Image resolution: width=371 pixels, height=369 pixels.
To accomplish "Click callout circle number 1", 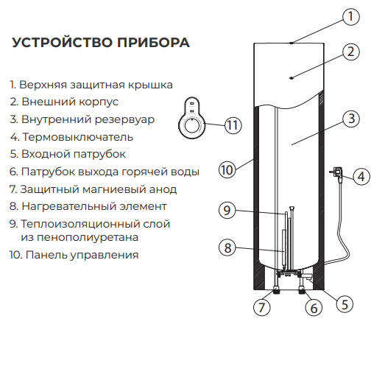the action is (x=351, y=16).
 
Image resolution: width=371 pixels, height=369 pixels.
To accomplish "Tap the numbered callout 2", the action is (x=351, y=52).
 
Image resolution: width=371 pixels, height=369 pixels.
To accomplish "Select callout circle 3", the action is (x=351, y=119).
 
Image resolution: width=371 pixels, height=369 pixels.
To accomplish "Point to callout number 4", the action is (x=361, y=177).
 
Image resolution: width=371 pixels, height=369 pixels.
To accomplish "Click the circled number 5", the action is (x=344, y=304).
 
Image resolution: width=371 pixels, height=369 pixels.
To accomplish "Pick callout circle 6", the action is (x=314, y=308).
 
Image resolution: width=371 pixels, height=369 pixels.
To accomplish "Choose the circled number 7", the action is (x=261, y=307).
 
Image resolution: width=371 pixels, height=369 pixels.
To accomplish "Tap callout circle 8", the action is (x=227, y=247).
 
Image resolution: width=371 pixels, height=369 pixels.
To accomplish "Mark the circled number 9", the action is (x=227, y=210).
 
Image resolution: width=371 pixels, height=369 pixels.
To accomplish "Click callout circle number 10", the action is (x=227, y=169).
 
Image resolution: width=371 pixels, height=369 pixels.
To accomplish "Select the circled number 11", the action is (x=233, y=125).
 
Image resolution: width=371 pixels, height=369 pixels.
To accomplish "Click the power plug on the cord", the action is (x=337, y=173).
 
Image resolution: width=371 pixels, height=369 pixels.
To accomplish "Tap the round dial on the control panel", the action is (x=191, y=126).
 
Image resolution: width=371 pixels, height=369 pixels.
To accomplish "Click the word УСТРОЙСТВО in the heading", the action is (x=63, y=42).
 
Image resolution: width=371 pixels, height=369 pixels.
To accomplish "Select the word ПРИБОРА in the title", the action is (x=153, y=42).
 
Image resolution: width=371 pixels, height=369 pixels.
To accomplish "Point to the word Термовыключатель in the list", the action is (x=78, y=137).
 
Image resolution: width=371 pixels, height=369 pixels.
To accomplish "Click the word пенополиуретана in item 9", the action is (x=79, y=237).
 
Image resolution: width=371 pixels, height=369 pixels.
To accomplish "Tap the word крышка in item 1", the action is (x=151, y=85).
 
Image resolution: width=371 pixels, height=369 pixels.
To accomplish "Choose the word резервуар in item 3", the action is (x=124, y=120).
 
